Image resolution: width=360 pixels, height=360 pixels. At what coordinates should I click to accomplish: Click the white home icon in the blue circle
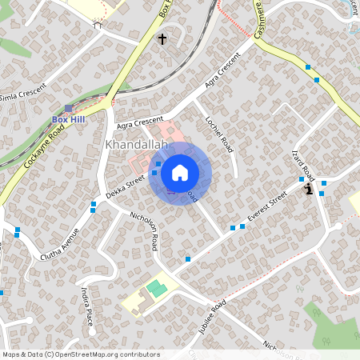pyautogui.click(x=180, y=172)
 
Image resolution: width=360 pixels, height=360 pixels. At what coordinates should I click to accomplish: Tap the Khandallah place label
pyautogui.click(x=135, y=145)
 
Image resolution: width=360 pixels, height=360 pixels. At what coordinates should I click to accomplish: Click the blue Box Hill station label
pyautogui.click(x=69, y=120)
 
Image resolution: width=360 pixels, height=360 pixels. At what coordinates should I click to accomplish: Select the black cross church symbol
pyautogui.click(x=162, y=38)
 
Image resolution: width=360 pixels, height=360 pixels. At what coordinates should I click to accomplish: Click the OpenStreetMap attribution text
pyautogui.click(x=81, y=354)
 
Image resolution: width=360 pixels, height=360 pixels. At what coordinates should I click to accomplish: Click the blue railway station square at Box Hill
pyautogui.click(x=69, y=108)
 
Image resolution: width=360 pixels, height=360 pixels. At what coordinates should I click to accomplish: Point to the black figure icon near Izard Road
pyautogui.click(x=308, y=189)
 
